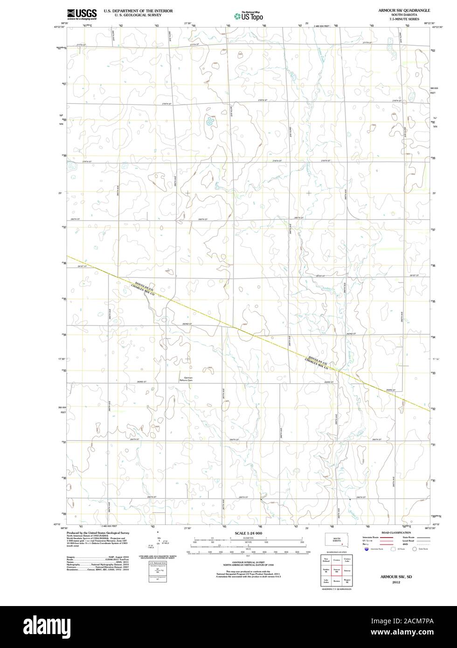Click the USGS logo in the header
82,14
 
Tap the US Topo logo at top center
249,16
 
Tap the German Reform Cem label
186,379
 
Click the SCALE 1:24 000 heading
249,533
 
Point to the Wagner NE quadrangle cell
346,581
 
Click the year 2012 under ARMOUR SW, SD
396,582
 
